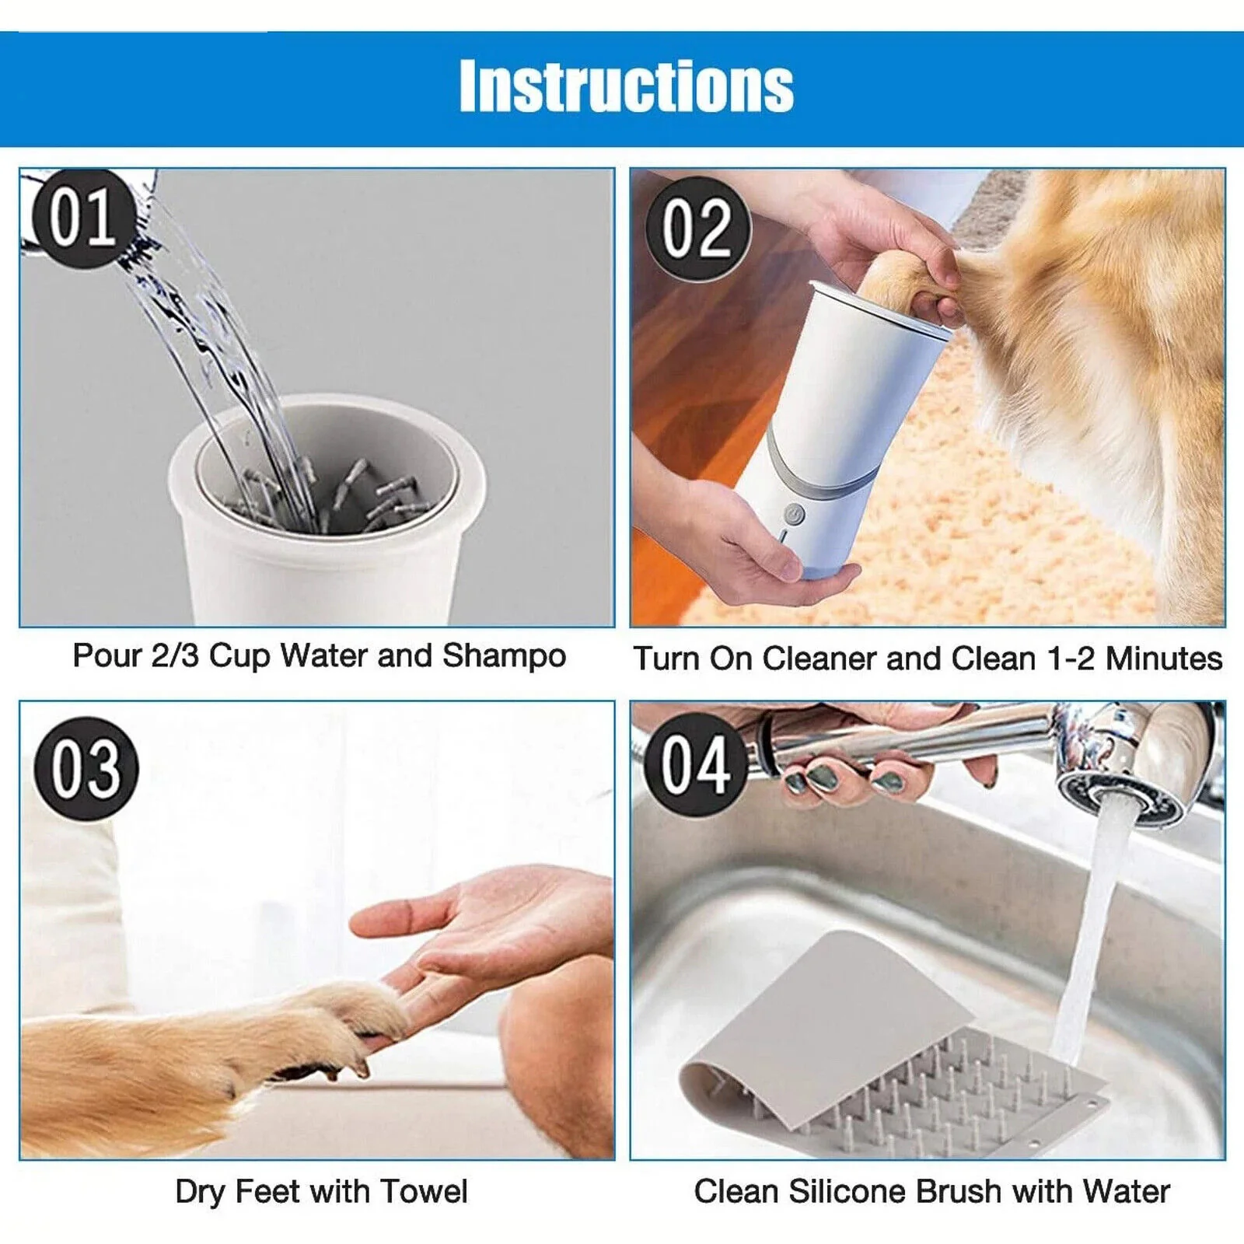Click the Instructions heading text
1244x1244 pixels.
(x=626, y=86)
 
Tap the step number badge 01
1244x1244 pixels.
(x=82, y=218)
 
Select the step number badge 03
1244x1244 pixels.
(x=86, y=768)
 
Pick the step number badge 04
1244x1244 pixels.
(x=696, y=765)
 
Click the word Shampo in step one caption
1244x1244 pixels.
(x=504, y=656)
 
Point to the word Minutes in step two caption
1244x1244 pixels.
(x=1163, y=659)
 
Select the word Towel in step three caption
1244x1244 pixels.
(x=425, y=1191)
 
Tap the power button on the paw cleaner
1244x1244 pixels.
(x=792, y=514)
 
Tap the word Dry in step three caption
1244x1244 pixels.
(x=201, y=1191)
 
